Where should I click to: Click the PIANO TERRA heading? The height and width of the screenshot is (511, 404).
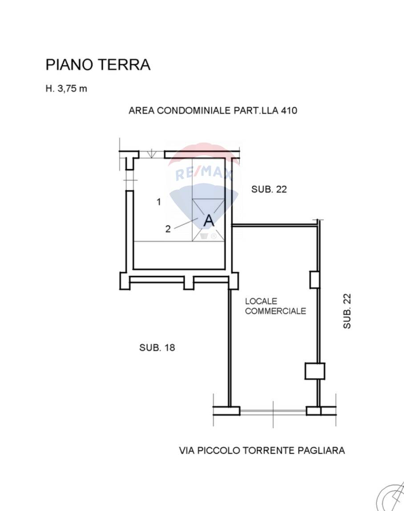click(x=98, y=64)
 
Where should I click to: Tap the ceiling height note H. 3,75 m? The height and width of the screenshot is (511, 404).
click(x=66, y=88)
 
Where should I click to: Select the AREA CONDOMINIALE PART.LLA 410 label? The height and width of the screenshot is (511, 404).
click(x=213, y=111)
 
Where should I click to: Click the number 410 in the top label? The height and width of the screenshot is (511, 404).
click(x=289, y=111)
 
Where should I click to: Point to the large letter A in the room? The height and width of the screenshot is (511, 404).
click(x=209, y=221)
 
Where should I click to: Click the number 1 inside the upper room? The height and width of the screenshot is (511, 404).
click(x=159, y=202)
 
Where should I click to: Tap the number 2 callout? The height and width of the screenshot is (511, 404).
click(x=168, y=229)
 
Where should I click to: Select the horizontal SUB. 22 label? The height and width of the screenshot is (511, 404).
click(x=269, y=189)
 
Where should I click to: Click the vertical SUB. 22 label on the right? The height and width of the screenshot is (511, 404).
click(x=347, y=311)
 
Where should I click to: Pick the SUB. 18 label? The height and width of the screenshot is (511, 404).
click(x=157, y=348)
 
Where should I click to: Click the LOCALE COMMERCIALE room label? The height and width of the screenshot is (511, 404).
click(x=275, y=306)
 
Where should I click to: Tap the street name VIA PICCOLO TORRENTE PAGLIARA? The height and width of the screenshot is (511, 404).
click(x=262, y=451)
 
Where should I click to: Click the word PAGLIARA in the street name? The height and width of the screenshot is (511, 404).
click(x=321, y=451)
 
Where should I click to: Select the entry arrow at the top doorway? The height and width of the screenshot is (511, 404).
click(x=151, y=154)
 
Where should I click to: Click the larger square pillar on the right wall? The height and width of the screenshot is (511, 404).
click(x=315, y=371)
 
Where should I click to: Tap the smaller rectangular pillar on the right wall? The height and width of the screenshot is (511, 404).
click(x=315, y=280)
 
